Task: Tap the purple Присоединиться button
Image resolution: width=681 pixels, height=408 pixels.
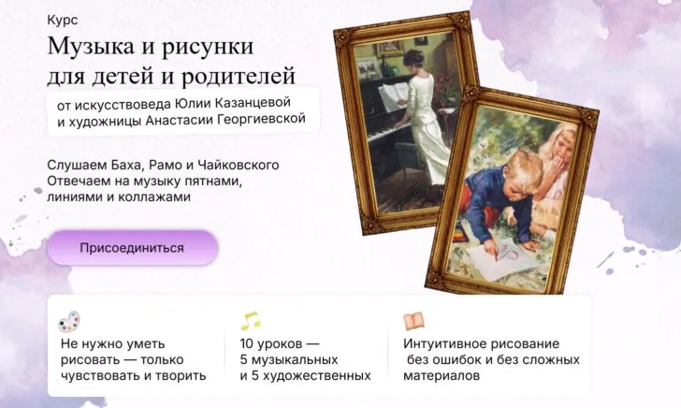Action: [x=132, y=248]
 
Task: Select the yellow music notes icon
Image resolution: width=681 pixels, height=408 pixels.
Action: [x=250, y=320]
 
